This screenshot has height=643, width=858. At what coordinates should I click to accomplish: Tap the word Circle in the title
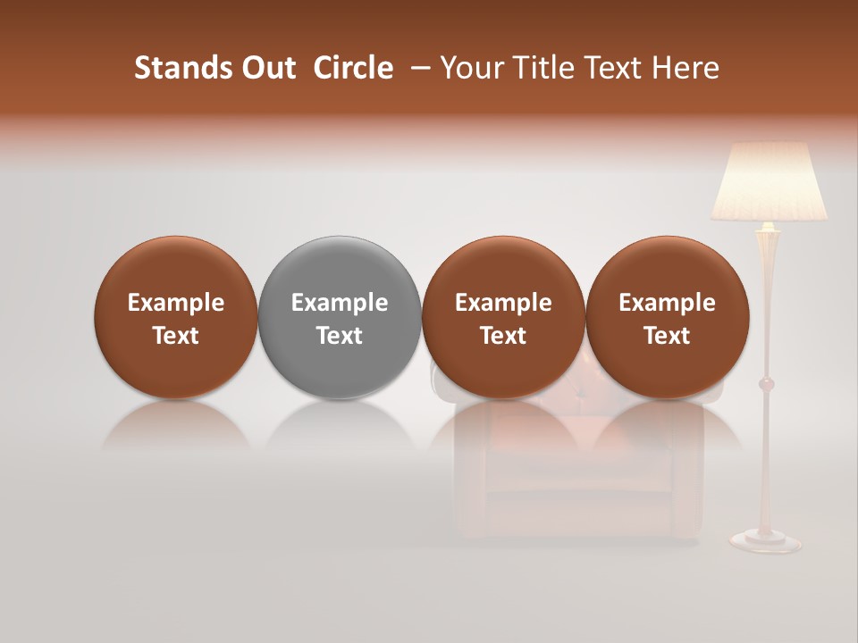point(353,68)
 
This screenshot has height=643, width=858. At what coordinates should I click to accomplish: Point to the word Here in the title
point(685,68)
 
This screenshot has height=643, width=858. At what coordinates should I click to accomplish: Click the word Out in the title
point(266,68)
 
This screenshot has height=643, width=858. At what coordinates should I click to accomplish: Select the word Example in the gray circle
point(340,303)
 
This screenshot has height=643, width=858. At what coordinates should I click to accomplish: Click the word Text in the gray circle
point(340,336)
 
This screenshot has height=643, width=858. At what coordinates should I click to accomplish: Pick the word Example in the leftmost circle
point(176,303)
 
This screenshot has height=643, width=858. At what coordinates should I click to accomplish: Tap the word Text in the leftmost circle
point(176,336)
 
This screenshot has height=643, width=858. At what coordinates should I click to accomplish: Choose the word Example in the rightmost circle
point(667,303)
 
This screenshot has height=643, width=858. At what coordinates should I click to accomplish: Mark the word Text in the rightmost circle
point(667,336)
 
